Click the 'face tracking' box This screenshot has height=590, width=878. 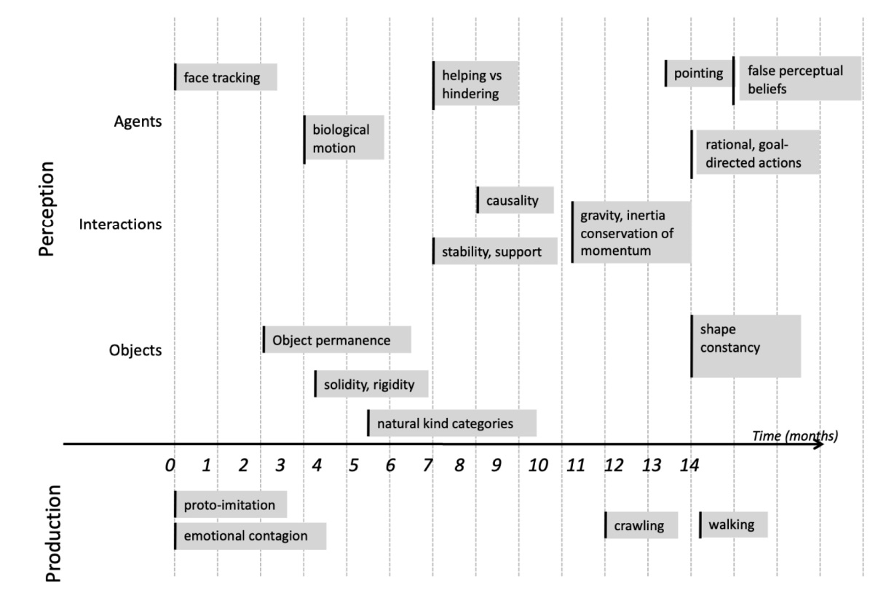point(226,77)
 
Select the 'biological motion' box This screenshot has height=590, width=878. point(344,138)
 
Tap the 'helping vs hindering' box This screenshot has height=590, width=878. point(475,84)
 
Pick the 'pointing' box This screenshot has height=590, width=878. point(699,73)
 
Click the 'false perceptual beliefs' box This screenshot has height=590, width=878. point(797,79)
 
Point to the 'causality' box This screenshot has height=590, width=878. point(515,200)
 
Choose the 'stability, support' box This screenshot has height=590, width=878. point(495,251)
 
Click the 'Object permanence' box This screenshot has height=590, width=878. point(337,340)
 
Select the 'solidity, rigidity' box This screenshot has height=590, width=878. point(371,384)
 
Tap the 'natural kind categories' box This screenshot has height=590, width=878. point(452,423)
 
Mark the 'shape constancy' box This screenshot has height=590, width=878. point(746,346)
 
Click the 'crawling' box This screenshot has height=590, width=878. point(641,525)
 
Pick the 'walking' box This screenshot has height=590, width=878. point(734,524)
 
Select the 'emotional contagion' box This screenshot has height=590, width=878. point(250,536)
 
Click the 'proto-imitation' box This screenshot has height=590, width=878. point(231,505)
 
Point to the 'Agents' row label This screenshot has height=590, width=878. point(138,122)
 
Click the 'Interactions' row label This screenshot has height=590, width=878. point(120,224)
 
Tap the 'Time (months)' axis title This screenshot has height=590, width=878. point(795,436)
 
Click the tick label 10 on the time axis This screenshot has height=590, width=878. point(538,465)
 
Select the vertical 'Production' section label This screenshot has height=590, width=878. point(55,533)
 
